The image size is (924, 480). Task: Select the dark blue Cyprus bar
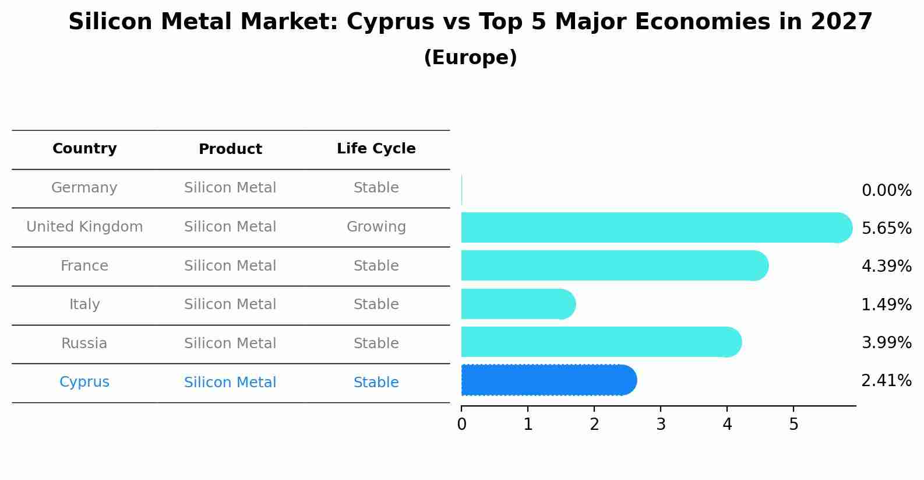click(x=548, y=380)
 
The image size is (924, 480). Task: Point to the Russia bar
click(x=601, y=342)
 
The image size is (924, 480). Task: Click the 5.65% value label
click(x=886, y=228)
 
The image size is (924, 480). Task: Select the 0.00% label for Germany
click(x=886, y=191)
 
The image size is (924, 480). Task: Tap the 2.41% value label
click(x=886, y=381)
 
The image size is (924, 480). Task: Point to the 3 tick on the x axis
click(x=661, y=425)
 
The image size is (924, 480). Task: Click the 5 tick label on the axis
click(x=793, y=425)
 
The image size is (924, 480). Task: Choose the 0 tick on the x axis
click(x=461, y=425)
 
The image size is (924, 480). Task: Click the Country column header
click(x=84, y=149)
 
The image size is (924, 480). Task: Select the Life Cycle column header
click(x=376, y=149)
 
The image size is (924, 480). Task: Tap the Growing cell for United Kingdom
click(x=376, y=227)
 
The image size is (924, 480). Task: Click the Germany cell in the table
click(x=84, y=188)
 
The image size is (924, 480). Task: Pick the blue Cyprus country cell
click(x=84, y=382)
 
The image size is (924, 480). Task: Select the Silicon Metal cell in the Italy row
click(x=230, y=304)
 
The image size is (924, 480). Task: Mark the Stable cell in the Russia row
click(x=376, y=344)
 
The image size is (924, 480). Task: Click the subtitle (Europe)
click(x=470, y=58)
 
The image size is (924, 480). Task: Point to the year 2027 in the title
click(x=841, y=22)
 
